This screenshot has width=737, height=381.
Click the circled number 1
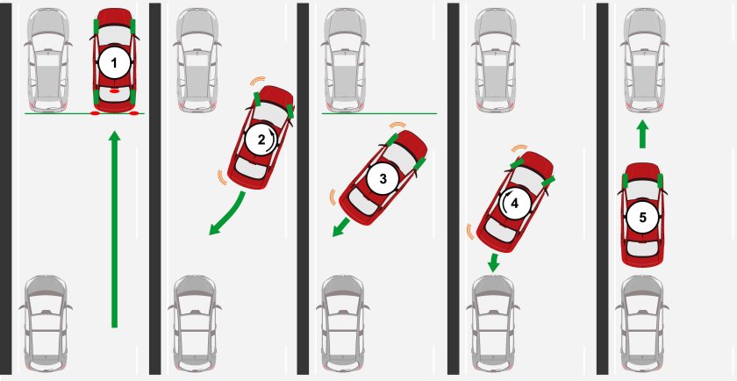click(x=114, y=62)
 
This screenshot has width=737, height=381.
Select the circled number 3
click(x=383, y=179)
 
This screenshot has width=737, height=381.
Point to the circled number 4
click(x=515, y=203)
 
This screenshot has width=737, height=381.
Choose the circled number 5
click(x=642, y=218)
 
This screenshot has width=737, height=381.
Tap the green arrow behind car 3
click(x=341, y=226)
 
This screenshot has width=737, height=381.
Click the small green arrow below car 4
click(x=493, y=262)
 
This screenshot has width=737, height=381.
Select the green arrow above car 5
click(x=642, y=134)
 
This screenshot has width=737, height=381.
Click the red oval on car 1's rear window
click(x=114, y=90)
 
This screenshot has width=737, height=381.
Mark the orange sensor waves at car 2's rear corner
click(x=220, y=176)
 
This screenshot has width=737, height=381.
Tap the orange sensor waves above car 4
click(x=519, y=147)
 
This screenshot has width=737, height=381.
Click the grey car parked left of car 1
click(x=48, y=61)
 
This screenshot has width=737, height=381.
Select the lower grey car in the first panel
click(x=46, y=327)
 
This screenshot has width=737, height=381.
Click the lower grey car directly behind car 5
click(x=642, y=327)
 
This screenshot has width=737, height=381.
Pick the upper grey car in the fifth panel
click(x=644, y=61)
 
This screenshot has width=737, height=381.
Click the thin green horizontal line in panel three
click(x=379, y=113)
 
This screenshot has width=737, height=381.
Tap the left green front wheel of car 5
click(x=625, y=180)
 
